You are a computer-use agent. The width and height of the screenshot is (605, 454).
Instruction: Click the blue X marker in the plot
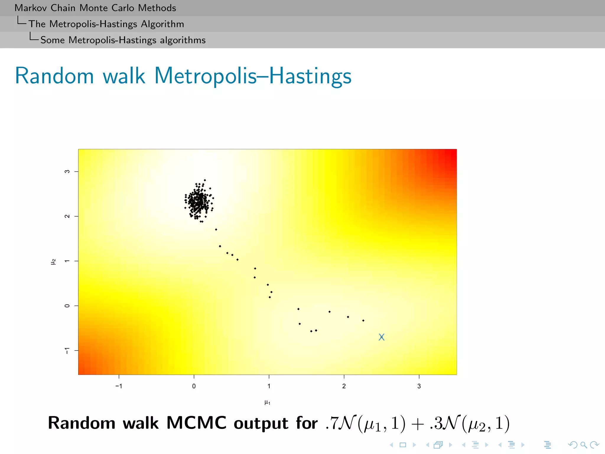381,337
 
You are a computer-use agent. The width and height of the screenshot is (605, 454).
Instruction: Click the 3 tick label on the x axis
419,386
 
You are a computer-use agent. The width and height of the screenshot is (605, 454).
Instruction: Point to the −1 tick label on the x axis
119,386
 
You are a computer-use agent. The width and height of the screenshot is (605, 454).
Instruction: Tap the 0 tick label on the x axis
194,386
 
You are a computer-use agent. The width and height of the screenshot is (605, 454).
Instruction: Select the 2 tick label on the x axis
344,386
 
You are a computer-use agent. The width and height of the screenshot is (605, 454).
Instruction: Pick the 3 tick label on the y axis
67,171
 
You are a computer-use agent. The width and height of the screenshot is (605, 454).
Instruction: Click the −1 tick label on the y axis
67,351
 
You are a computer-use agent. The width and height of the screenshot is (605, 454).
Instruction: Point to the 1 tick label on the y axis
67,261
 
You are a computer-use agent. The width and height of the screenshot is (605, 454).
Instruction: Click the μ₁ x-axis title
267,402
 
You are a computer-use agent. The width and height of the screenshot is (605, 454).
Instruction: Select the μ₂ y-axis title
53,262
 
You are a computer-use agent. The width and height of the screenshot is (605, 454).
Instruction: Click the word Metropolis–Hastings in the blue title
253,76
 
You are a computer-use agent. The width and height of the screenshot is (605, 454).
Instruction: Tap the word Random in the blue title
54,76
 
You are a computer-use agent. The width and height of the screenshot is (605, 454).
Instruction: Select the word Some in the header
52,40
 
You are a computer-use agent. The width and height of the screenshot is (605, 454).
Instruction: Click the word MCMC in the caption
196,423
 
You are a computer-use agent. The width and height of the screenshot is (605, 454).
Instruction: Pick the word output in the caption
261,423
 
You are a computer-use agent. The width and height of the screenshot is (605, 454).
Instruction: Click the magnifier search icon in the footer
583,445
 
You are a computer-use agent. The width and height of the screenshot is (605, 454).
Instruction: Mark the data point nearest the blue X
363,320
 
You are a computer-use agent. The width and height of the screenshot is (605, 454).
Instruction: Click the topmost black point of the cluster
205,180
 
